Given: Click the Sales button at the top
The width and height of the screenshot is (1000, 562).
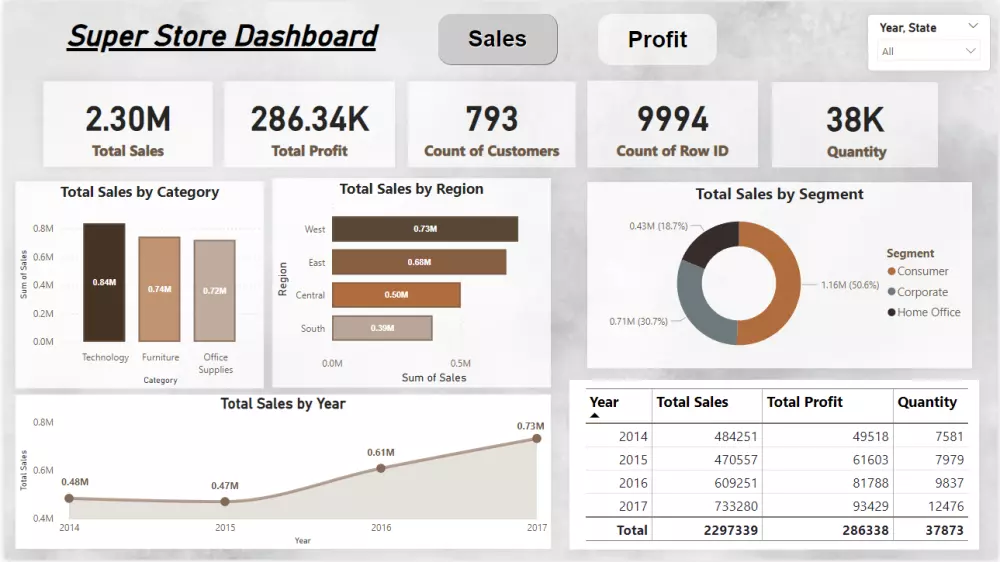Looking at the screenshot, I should click(497, 40).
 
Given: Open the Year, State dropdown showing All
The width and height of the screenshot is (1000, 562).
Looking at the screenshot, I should click(928, 51).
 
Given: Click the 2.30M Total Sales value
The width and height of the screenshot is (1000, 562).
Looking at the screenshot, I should click(128, 119).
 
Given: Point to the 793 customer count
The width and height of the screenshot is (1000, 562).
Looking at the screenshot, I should click(491, 119).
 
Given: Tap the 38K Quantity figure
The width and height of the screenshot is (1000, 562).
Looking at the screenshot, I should click(855, 119).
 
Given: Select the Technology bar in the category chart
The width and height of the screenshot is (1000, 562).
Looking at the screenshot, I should click(104, 283).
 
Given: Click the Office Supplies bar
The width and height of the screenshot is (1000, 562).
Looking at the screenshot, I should click(214, 291).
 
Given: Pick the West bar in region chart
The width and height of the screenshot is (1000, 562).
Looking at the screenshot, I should click(425, 229).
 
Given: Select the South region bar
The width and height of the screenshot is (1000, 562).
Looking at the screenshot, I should click(382, 328).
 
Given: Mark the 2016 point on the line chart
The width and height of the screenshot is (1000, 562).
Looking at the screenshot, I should click(381, 468).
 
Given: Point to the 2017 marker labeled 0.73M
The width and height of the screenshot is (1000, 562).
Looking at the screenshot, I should click(537, 438).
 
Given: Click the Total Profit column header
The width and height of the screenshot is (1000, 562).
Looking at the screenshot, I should click(805, 402).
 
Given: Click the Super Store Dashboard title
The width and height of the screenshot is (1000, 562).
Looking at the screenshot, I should click(222, 37).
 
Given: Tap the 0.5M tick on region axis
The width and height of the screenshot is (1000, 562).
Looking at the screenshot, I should click(460, 363).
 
